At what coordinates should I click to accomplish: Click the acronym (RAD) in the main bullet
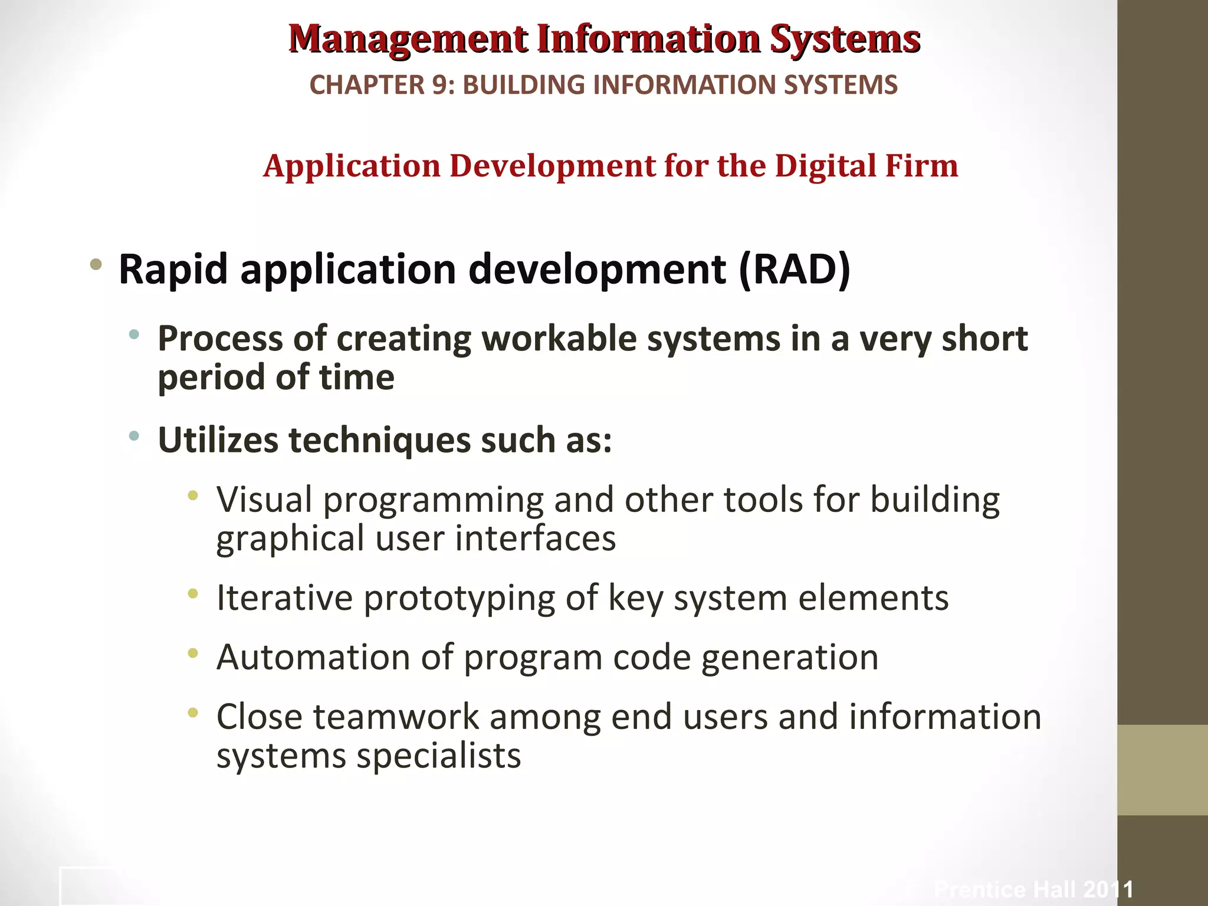(794, 270)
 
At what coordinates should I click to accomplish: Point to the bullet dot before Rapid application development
(96, 265)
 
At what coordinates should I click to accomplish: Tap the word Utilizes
(218, 441)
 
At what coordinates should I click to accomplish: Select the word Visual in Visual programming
(264, 500)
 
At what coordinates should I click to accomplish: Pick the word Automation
(313, 657)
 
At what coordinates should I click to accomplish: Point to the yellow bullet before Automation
(192, 653)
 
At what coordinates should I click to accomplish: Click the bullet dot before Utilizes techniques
(134, 436)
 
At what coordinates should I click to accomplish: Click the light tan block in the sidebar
(1162, 770)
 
